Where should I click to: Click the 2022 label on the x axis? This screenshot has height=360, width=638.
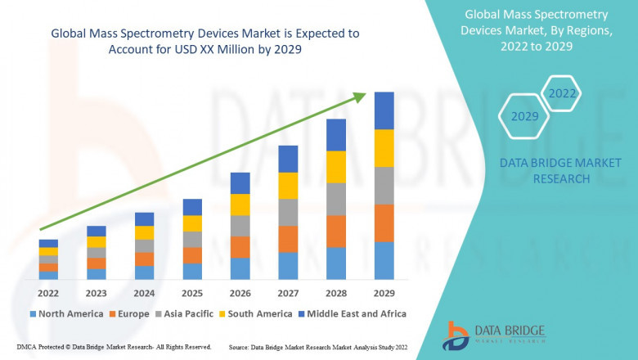(x=48, y=293)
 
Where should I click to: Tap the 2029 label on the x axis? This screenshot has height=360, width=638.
(x=384, y=293)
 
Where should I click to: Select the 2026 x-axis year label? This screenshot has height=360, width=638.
(x=240, y=293)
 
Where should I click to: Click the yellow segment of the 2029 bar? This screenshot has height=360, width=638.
(x=384, y=148)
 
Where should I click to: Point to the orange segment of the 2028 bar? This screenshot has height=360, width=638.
(x=336, y=232)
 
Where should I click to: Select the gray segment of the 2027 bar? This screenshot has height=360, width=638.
(x=288, y=212)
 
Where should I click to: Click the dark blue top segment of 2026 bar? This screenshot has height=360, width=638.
(x=240, y=182)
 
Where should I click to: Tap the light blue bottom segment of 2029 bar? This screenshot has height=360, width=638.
(x=384, y=260)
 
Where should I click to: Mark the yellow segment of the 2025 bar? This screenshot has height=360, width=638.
(x=192, y=223)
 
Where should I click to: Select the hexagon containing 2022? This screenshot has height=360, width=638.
(x=562, y=93)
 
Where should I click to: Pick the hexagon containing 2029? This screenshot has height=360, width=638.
(x=524, y=117)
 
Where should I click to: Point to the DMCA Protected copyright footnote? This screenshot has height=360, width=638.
(x=114, y=348)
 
